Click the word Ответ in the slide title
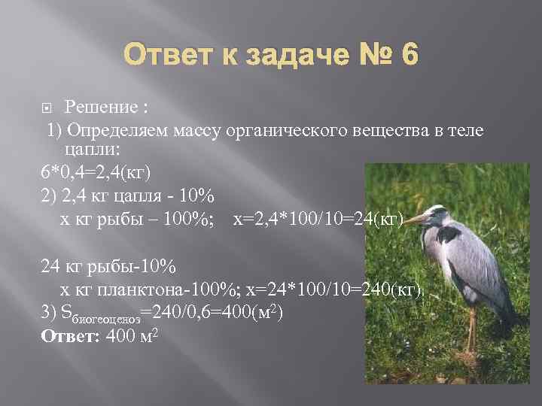168,56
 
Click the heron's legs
470,331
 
